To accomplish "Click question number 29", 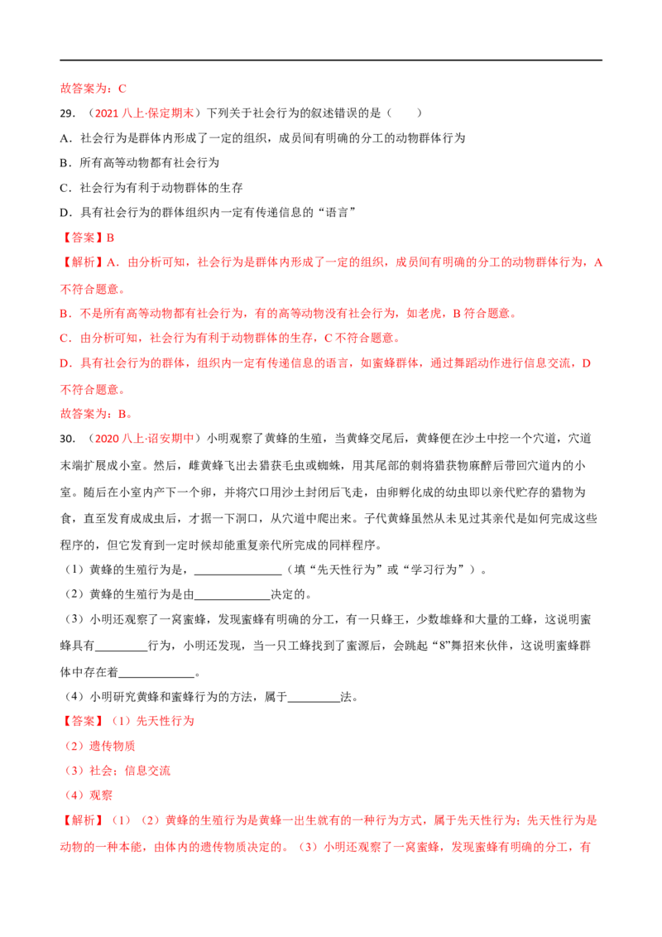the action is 68,113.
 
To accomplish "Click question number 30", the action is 68,439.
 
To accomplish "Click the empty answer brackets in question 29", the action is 405,113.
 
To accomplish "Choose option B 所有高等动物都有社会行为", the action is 140,162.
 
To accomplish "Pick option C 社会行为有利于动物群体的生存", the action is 151,188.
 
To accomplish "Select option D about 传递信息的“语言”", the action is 209,213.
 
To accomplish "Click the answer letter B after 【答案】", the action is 110,238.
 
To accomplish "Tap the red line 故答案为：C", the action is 94,89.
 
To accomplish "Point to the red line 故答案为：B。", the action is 96,414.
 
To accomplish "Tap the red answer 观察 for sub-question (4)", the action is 101,795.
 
